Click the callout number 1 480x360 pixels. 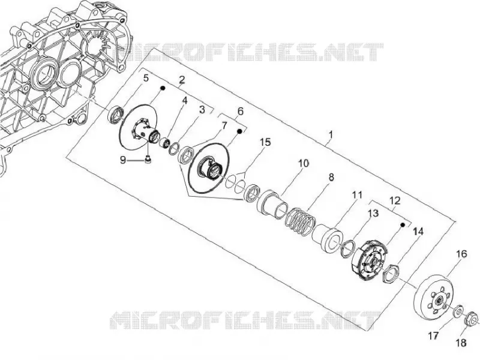pyautogui.click(x=331, y=134)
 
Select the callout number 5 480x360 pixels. pyautogui.click(x=146, y=78)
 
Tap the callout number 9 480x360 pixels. pyautogui.click(x=123, y=160)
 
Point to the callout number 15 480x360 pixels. pyautogui.click(x=265, y=142)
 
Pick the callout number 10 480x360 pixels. pyautogui.click(x=304, y=163)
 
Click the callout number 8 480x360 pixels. pyautogui.click(x=331, y=177)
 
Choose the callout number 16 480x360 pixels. pyautogui.click(x=461, y=254)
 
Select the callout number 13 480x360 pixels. pyautogui.click(x=373, y=213)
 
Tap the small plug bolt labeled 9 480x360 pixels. pyautogui.click(x=148, y=160)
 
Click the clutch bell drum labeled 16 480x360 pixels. pyautogui.click(x=433, y=297)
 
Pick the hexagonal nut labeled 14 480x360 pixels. pyautogui.click(x=390, y=273)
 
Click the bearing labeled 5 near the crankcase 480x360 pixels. pyautogui.click(x=116, y=114)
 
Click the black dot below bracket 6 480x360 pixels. pyautogui.click(x=240, y=131)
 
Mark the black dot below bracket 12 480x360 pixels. pyautogui.click(x=403, y=224)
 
